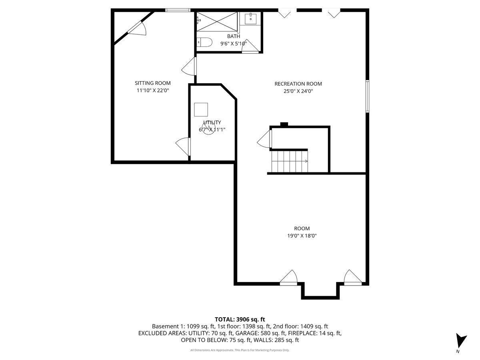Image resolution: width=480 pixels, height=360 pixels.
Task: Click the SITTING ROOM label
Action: coord(152,83)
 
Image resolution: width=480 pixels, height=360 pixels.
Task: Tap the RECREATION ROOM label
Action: coord(298,84)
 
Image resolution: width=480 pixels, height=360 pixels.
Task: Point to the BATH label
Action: coord(234,36)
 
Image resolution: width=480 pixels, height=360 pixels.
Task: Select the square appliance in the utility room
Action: coord(201,110)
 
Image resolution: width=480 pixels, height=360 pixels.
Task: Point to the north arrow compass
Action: coord(461,341)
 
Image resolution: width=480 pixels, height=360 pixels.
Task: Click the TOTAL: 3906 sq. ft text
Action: coord(240,319)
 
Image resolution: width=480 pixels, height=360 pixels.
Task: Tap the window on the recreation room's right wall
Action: coord(367,96)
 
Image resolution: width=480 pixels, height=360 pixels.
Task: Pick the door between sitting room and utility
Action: coord(184,146)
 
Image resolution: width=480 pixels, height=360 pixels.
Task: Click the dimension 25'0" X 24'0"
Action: coord(298,91)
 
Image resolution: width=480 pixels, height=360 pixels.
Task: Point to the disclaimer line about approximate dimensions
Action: coord(240,350)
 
